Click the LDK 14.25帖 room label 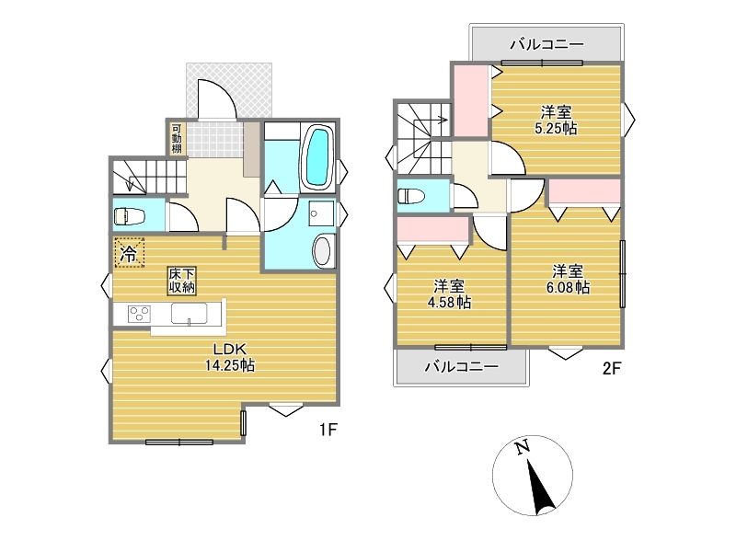(x=229, y=357)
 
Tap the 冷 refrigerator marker (x=129, y=253)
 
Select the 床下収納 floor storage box (x=182, y=281)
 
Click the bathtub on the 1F (x=317, y=157)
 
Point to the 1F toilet (x=129, y=217)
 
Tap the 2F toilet (x=411, y=196)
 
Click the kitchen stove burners (x=140, y=314)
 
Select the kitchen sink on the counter (x=190, y=314)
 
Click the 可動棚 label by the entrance (x=177, y=139)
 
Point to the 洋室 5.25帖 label (x=556, y=121)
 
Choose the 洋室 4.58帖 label (x=449, y=294)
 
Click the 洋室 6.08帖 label (x=568, y=280)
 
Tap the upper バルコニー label (x=546, y=44)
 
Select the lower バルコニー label (x=462, y=366)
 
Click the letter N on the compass (x=522, y=447)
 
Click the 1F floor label (x=328, y=429)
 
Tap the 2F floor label (x=612, y=369)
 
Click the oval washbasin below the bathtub (x=323, y=250)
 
